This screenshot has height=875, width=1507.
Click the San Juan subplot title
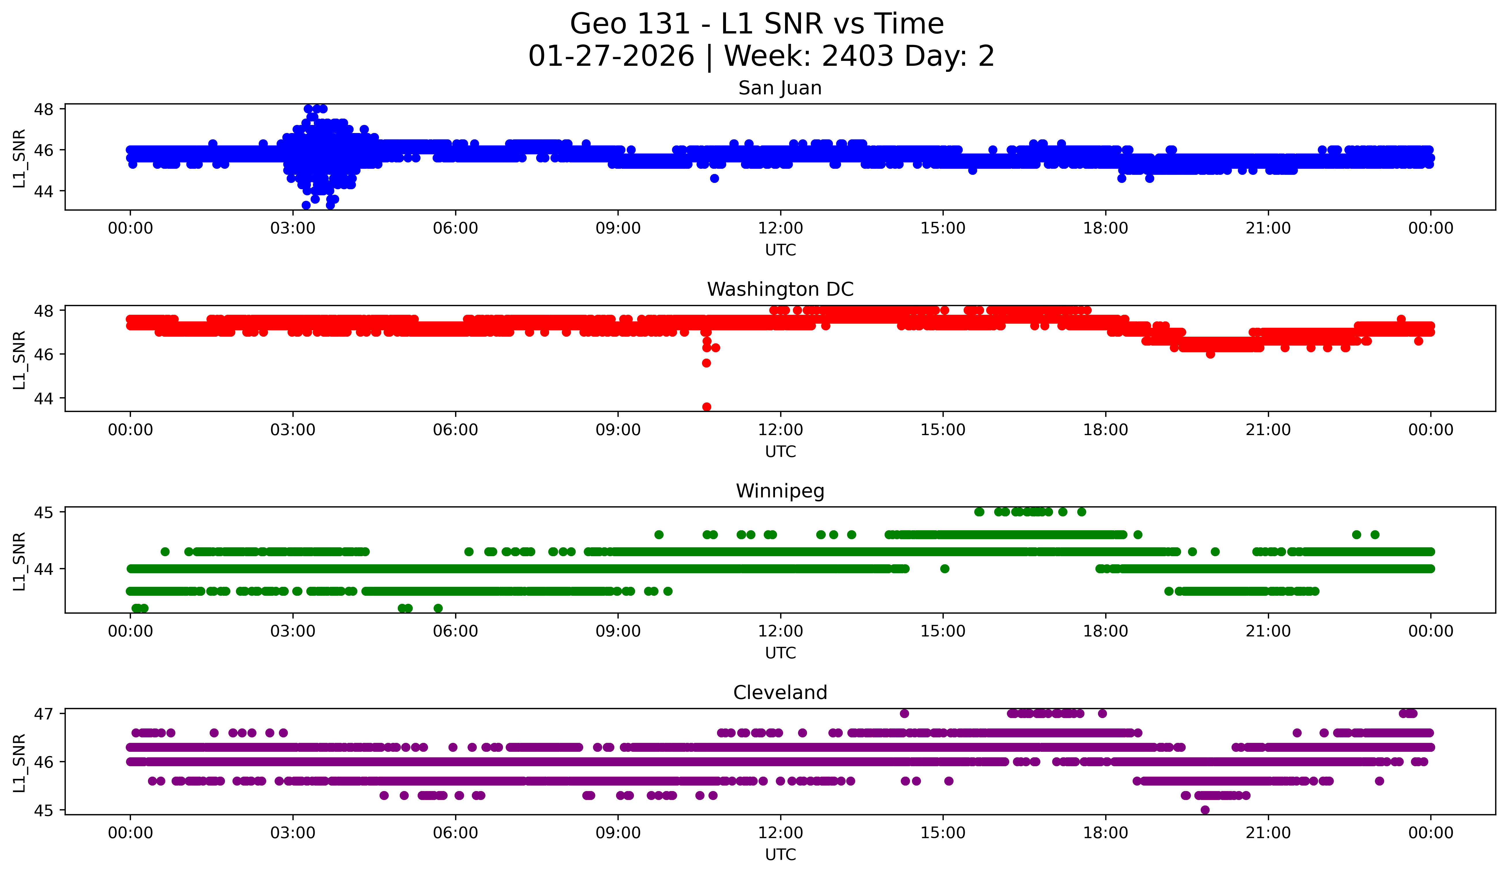tap(780, 88)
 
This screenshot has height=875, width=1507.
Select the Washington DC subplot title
tap(780, 289)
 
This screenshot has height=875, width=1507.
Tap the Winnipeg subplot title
tap(780, 491)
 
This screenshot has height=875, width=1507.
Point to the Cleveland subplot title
tap(780, 693)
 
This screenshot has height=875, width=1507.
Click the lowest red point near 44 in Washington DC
tap(706, 407)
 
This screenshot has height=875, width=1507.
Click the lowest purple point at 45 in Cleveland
tap(1205, 810)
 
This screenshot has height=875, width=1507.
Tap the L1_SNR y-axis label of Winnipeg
tap(19, 561)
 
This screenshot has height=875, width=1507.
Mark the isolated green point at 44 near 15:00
tap(944, 569)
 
